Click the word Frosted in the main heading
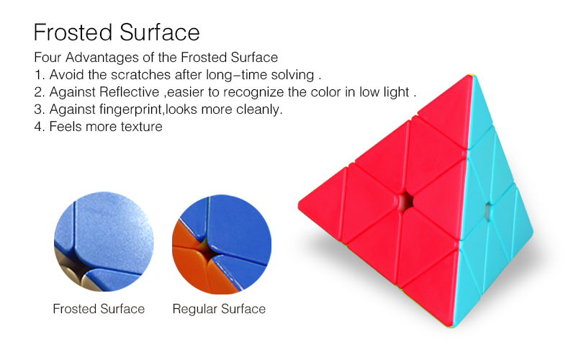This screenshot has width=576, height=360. pyautogui.click(x=73, y=32)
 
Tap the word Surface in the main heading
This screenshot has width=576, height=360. pyautogui.click(x=159, y=32)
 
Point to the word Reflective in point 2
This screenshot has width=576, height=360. pyautogui.click(x=129, y=92)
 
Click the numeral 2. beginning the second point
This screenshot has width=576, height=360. pyautogui.click(x=40, y=92)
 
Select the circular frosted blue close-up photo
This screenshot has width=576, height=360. pyautogui.click(x=104, y=241)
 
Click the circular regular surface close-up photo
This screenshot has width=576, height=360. pyautogui.click(x=222, y=244)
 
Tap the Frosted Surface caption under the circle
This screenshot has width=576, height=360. pyautogui.click(x=99, y=309)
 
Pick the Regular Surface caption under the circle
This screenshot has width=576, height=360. pyautogui.click(x=219, y=310)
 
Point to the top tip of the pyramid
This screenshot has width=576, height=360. pyautogui.click(x=472, y=75)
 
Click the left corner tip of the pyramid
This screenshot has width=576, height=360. pyautogui.click(x=299, y=207)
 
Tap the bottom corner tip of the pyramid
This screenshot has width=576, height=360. pyautogui.click(x=452, y=327)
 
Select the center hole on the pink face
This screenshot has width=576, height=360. pyautogui.click(x=406, y=202)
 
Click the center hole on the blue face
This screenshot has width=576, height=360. pyautogui.click(x=488, y=211)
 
